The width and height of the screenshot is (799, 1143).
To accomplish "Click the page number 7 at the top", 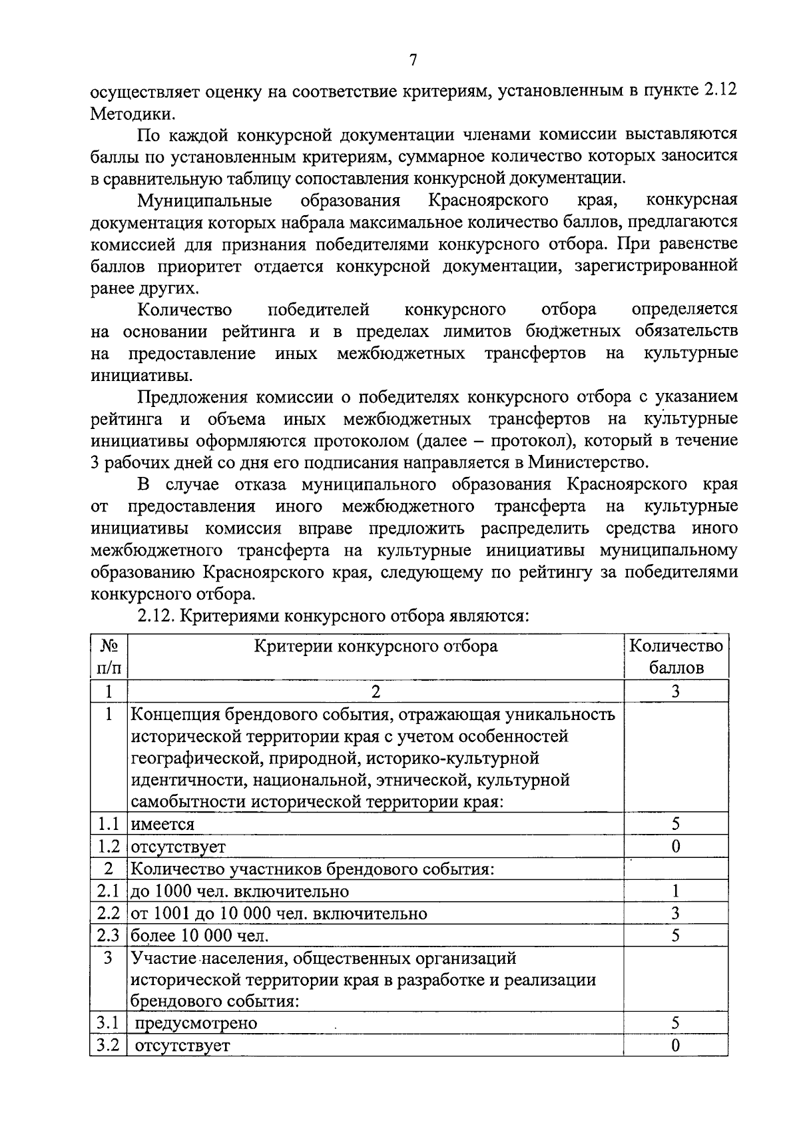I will (413, 61).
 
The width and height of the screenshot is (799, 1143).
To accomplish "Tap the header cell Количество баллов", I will (675, 657).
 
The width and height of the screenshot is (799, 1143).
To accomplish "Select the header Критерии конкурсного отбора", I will (376, 646).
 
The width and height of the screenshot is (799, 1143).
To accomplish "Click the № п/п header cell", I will (109, 657).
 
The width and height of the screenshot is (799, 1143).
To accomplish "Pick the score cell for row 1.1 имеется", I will (675, 824).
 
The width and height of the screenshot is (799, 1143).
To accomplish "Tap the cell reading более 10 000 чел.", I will (200, 936).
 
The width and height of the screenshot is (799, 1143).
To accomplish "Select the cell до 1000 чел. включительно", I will (240, 891).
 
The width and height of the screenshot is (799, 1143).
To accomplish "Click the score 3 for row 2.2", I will (675, 913).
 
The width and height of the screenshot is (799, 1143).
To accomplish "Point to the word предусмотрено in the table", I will (196, 1023).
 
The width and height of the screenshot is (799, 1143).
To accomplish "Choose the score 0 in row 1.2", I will (675, 847).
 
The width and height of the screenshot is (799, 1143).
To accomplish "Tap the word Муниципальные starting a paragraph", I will (204, 200).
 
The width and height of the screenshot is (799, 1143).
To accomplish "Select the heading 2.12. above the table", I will (156, 616).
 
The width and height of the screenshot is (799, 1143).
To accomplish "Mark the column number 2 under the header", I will (376, 691).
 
